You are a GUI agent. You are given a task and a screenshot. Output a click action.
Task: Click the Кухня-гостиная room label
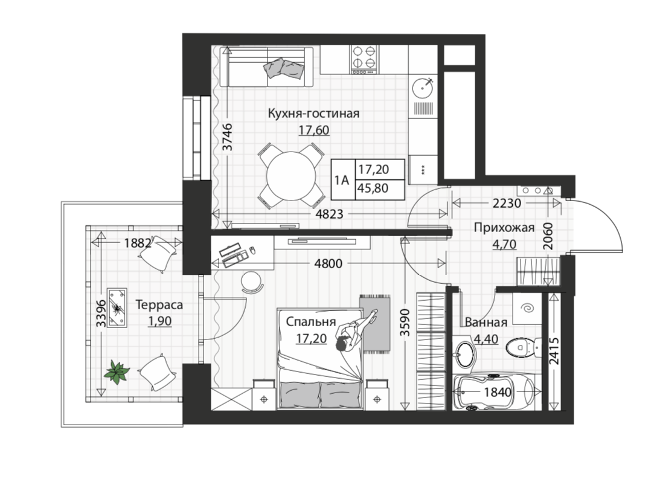coord(313,114)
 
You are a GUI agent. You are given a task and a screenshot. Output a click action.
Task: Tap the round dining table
coord(291,176)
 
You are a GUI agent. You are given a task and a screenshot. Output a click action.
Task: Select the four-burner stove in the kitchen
coord(364,60)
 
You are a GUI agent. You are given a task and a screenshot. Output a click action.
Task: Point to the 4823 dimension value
coord(329,214)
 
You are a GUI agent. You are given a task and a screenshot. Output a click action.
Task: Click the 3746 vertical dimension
coord(226,137)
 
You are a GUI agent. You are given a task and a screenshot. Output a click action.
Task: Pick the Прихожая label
coord(504,228)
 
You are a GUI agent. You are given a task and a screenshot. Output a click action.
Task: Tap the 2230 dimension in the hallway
coord(507,204)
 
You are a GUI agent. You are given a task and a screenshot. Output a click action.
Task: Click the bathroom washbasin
coord(464,355)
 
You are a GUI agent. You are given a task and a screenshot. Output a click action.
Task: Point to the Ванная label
coord(486,323)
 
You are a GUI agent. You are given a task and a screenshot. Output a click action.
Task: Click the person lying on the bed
coord(355,330)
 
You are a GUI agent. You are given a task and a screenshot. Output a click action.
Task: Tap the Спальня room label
coord(311,321)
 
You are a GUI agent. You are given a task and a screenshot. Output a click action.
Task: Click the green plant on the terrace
coord(117,372)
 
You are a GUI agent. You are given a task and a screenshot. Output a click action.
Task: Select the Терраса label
coord(159,304)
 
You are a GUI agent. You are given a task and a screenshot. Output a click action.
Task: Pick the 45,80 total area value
coord(373,188)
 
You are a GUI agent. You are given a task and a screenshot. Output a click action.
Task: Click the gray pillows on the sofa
coord(284,68)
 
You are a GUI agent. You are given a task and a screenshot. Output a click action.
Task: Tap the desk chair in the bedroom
coord(252,281)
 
